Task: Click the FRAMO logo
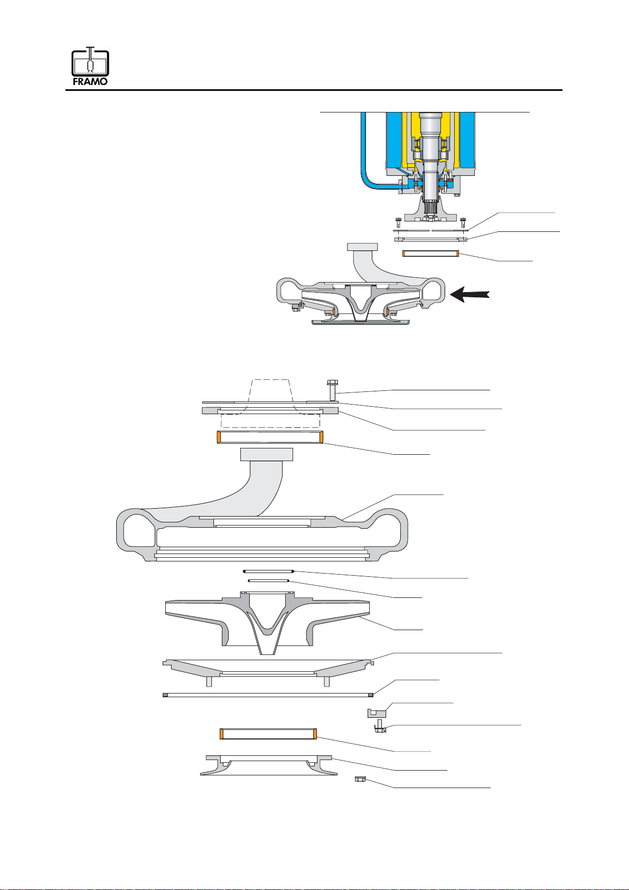[x=90, y=67]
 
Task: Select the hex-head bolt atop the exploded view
[x=332, y=390]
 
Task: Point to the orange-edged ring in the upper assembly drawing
[x=430, y=254]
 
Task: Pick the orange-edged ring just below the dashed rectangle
[x=270, y=437]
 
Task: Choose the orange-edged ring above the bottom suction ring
[x=268, y=734]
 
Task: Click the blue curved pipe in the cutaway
[x=363, y=158]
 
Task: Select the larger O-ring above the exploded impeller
[x=268, y=571]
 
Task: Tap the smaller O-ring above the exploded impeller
[x=268, y=580]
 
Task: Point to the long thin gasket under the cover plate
[x=268, y=695]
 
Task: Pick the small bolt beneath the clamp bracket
[x=380, y=729]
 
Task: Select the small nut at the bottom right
[x=361, y=779]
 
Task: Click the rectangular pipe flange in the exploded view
[x=266, y=454]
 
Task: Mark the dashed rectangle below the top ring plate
[x=270, y=421]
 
